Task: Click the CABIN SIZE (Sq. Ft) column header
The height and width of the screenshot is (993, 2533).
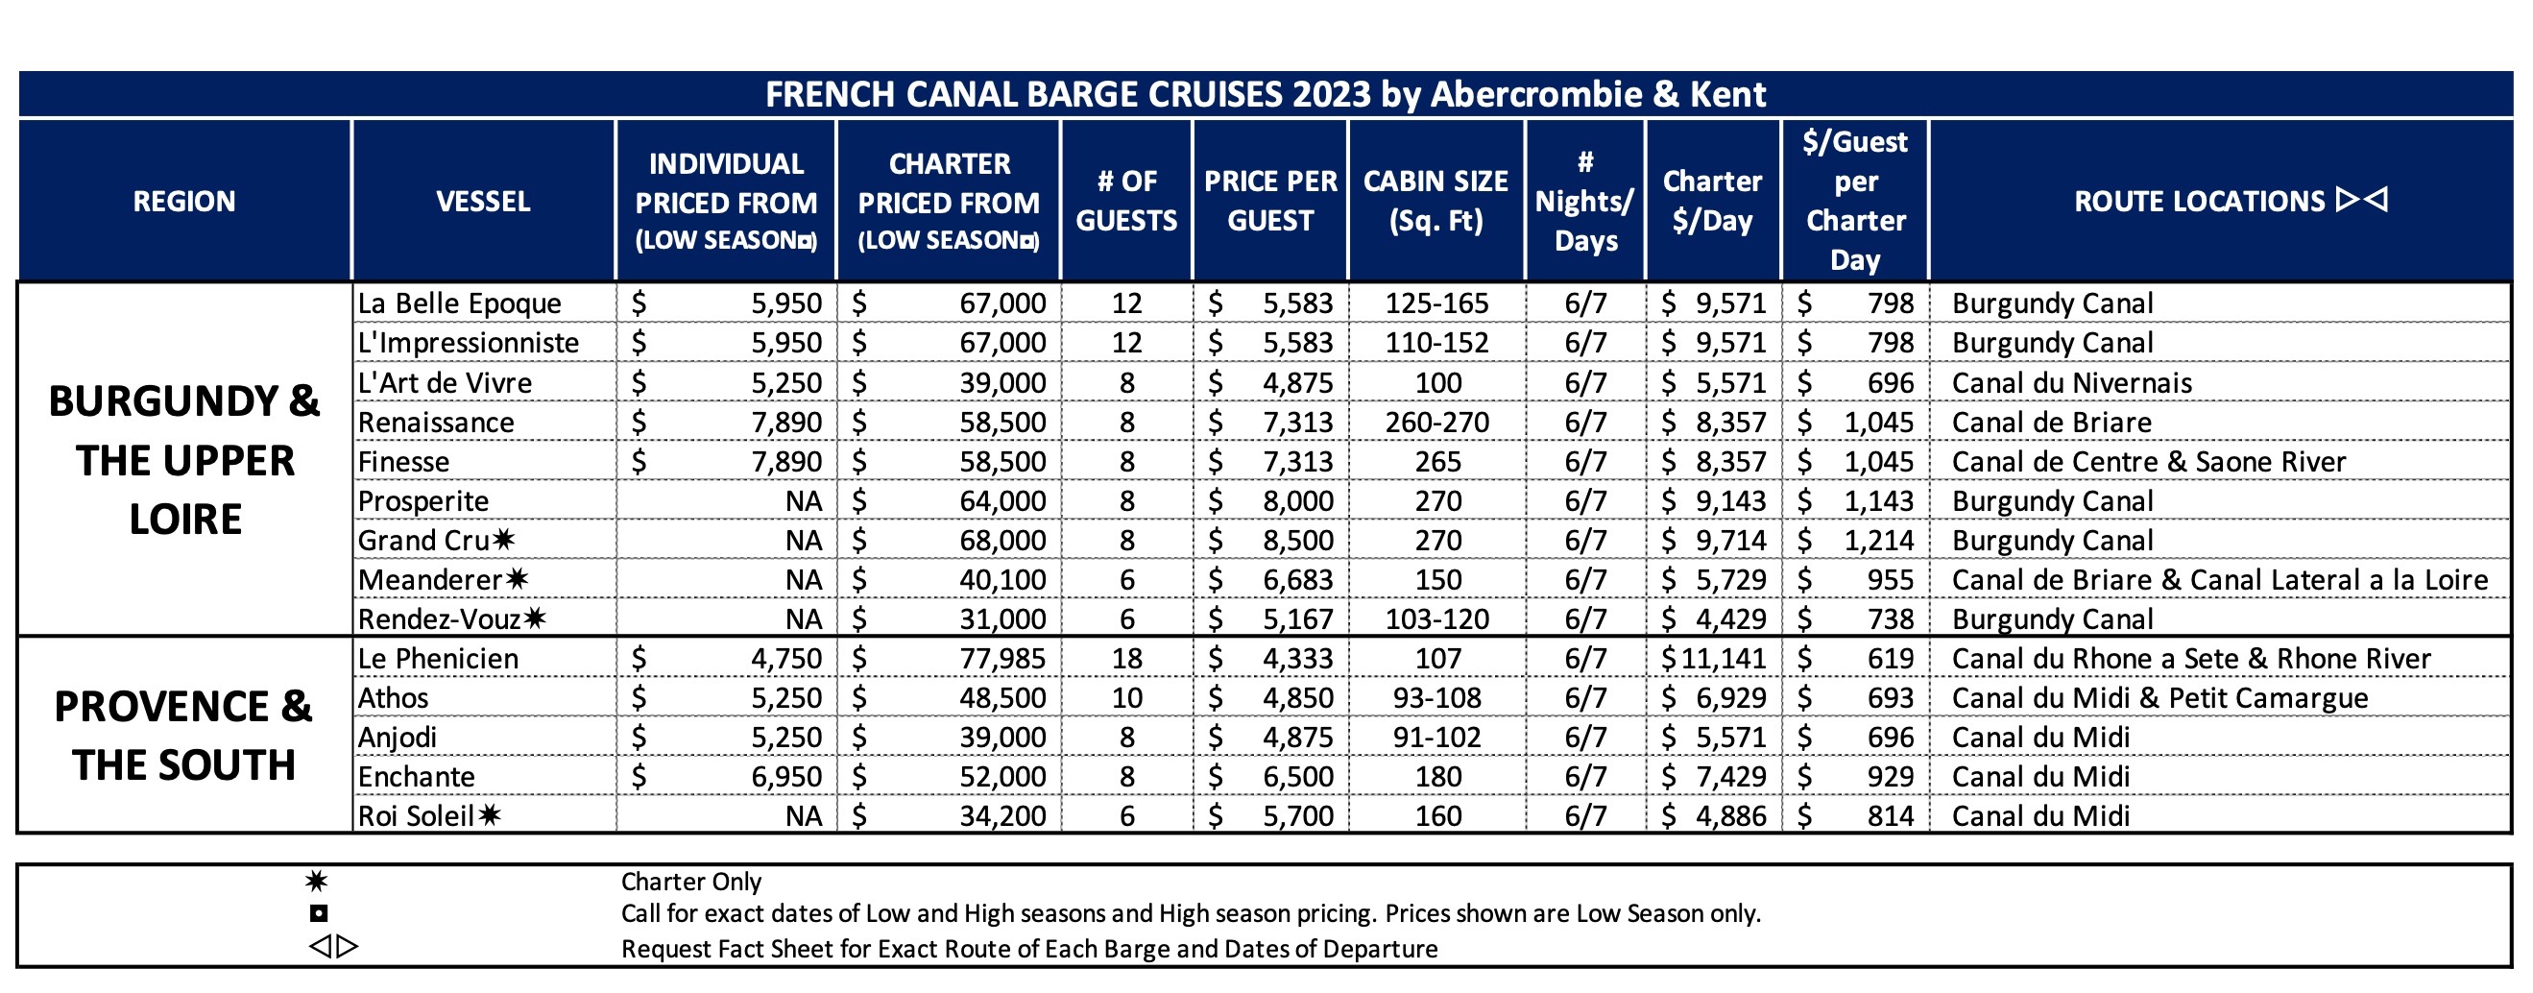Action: tap(1435, 201)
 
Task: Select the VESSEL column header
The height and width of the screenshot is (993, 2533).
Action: tap(483, 202)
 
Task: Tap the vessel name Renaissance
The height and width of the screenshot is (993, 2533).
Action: tap(436, 422)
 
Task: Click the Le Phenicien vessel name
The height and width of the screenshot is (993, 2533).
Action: tap(438, 658)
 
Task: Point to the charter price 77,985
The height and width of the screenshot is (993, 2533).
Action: tap(1002, 658)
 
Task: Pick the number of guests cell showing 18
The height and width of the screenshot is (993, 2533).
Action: tap(1127, 658)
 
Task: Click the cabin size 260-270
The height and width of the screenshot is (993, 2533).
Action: tap(1436, 422)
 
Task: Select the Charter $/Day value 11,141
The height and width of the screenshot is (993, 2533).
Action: tap(1724, 658)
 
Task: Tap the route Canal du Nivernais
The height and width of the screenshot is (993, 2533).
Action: tap(2072, 382)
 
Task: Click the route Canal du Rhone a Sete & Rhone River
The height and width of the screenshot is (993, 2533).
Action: tap(2191, 658)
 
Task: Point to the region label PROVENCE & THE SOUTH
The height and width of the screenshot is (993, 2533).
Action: tap(184, 735)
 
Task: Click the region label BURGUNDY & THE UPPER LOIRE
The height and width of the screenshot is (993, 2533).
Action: tap(184, 459)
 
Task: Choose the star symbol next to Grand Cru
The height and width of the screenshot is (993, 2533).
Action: tap(503, 539)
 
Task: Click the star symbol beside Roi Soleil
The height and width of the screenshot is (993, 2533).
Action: tap(490, 814)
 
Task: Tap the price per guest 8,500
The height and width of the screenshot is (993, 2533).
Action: tap(1298, 540)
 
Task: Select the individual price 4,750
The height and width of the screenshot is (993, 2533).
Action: tap(786, 658)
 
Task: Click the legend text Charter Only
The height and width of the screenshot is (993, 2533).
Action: tap(691, 881)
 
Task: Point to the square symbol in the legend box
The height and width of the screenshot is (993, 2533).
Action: tap(319, 913)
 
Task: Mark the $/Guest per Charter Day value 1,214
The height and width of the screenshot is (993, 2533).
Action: tap(1879, 540)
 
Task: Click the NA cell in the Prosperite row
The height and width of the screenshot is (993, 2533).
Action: tap(804, 500)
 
